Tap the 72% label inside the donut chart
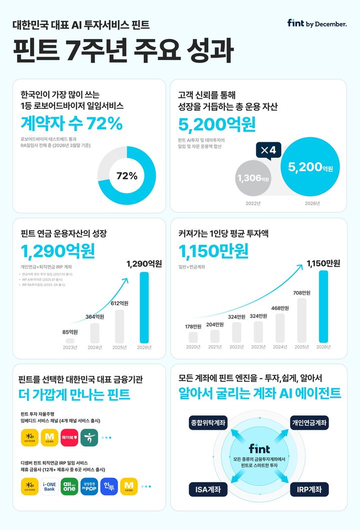point(127,176)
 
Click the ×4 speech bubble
point(268,150)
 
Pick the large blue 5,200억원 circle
point(310,167)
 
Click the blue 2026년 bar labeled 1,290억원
point(144,308)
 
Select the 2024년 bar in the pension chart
point(94,333)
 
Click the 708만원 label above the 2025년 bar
point(302,292)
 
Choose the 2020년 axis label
point(193,347)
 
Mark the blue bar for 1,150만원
point(323,307)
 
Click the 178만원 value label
point(193,327)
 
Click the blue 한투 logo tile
point(108,486)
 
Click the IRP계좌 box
point(309,489)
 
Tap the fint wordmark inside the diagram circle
point(259,449)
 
